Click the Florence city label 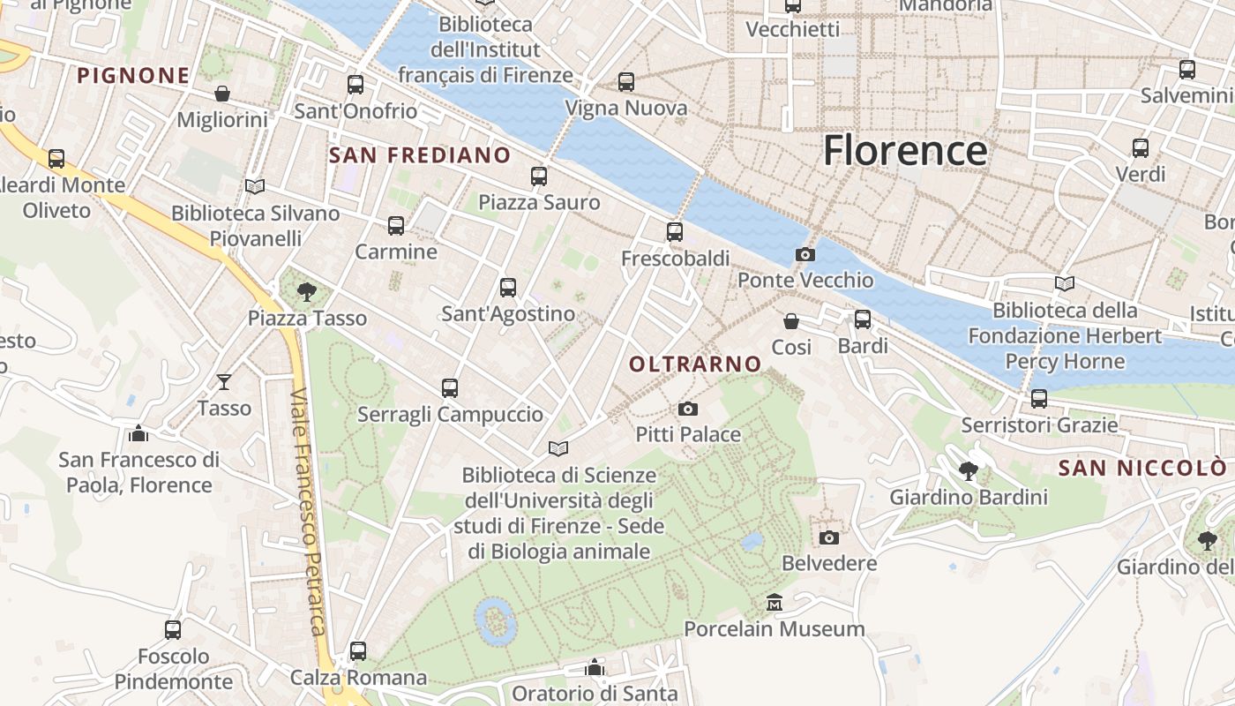point(905,151)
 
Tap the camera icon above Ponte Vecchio point(805,254)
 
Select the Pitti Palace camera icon point(688,409)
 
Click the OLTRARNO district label point(695,364)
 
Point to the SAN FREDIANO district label point(419,156)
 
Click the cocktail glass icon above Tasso point(224,381)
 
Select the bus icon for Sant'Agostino point(507,287)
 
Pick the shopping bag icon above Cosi point(791,320)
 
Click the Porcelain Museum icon point(775,602)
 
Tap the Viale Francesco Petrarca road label point(308,512)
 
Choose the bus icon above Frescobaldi point(675,231)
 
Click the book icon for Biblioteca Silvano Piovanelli point(255,186)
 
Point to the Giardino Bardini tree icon point(968,470)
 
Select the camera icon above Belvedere point(828,537)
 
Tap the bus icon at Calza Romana point(357,651)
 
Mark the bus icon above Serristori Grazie point(1039,398)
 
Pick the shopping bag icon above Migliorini point(222,93)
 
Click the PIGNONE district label point(133,76)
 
